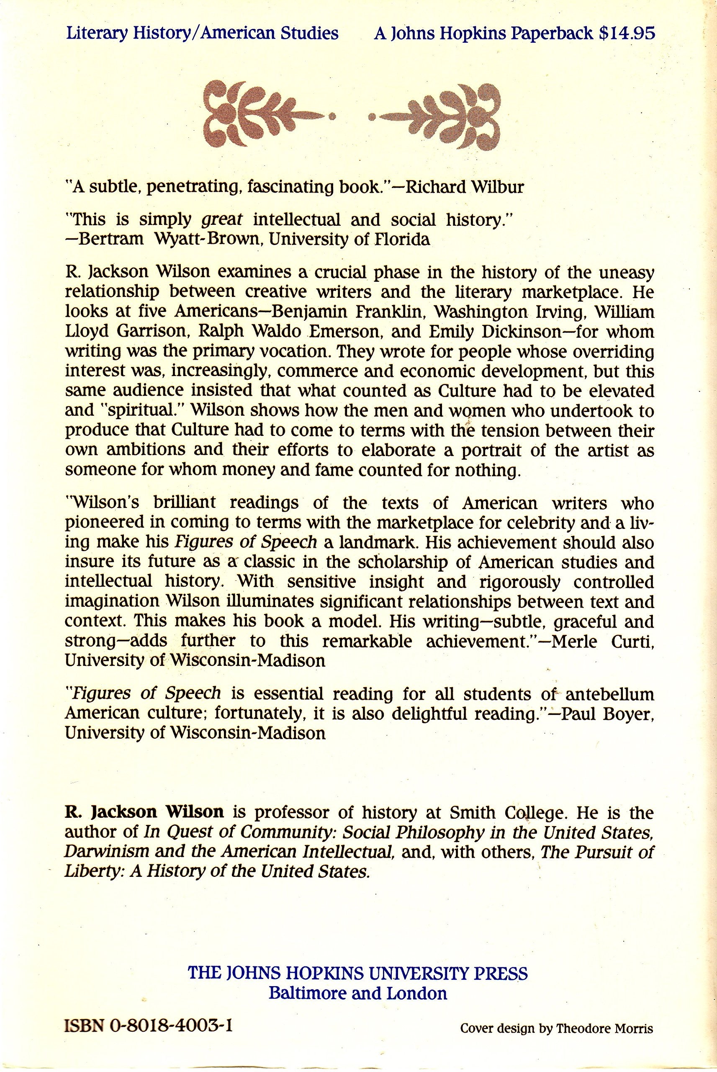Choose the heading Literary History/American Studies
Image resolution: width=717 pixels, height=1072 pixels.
point(203,34)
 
